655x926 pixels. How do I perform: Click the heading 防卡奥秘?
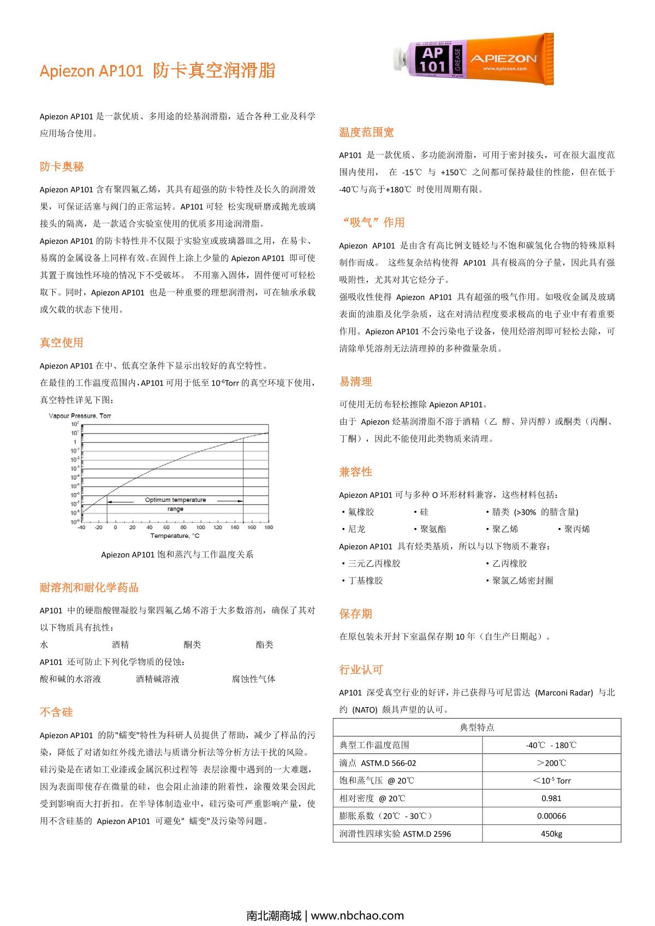click(62, 167)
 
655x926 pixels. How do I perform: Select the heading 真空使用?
click(62, 342)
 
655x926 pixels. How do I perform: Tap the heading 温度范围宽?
click(366, 132)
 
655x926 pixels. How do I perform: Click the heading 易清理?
click(355, 382)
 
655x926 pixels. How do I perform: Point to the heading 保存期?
click(355, 614)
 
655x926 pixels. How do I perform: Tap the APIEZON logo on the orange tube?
click(504, 58)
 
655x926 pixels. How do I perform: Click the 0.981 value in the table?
click(551, 798)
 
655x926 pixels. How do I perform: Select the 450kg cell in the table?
click(551, 834)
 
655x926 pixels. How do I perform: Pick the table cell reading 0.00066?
click(551, 816)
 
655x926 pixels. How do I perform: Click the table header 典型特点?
click(477, 727)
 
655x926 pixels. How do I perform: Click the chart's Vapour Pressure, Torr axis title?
click(80, 416)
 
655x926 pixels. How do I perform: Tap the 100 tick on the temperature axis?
click(200, 527)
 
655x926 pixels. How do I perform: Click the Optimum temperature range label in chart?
click(175, 504)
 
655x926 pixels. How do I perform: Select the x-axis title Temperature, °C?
click(175, 536)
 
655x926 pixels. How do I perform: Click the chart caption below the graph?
click(177, 555)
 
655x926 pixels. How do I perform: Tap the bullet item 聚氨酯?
click(433, 529)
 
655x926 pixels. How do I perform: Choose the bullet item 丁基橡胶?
click(365, 580)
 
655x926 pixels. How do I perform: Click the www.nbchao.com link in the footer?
click(358, 916)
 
